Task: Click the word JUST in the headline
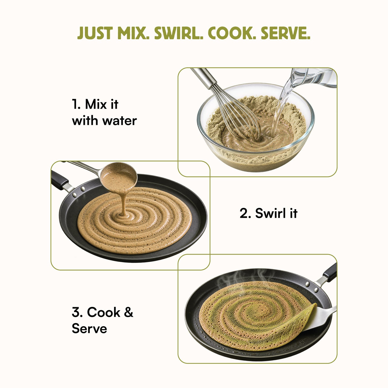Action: click(x=95, y=33)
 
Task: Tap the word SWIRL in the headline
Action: click(x=179, y=33)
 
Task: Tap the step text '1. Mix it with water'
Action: click(x=104, y=112)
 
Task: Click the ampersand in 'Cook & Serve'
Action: click(x=128, y=312)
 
